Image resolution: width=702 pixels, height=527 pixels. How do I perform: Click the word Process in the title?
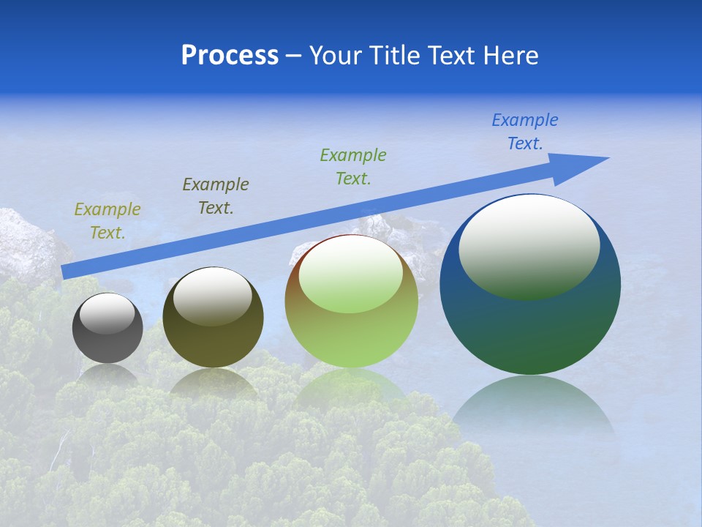230,56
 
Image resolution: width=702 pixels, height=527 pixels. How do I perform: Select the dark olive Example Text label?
216,196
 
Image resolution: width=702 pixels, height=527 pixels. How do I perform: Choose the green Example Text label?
353,167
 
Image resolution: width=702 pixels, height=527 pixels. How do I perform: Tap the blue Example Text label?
525,132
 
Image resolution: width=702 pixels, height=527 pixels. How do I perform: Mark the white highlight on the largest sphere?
529,245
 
